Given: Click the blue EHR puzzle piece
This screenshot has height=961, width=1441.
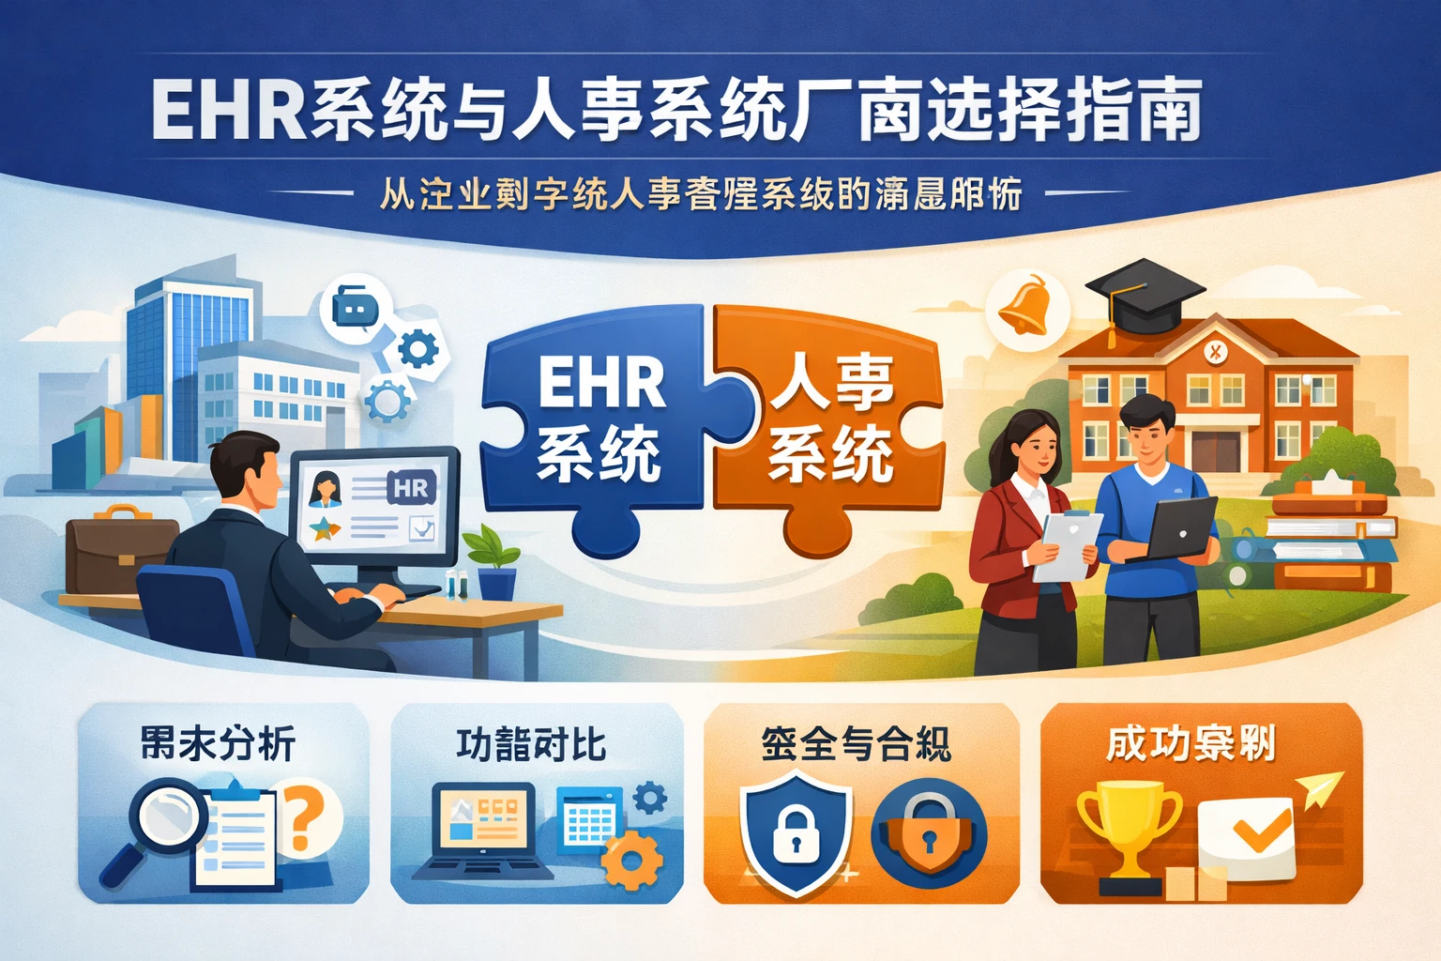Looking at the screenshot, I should click(591, 422).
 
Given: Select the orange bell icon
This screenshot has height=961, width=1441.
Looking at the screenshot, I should click(1024, 304).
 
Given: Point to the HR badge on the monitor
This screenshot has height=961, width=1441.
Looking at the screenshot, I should click(411, 488).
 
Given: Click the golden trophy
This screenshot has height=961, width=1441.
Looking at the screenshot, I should click(1129, 831).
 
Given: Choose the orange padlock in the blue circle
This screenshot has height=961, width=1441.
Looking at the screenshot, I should click(928, 831).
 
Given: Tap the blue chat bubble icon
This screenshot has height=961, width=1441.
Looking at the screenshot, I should click(355, 307).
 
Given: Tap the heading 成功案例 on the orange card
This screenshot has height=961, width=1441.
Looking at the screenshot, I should click(1190, 744).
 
